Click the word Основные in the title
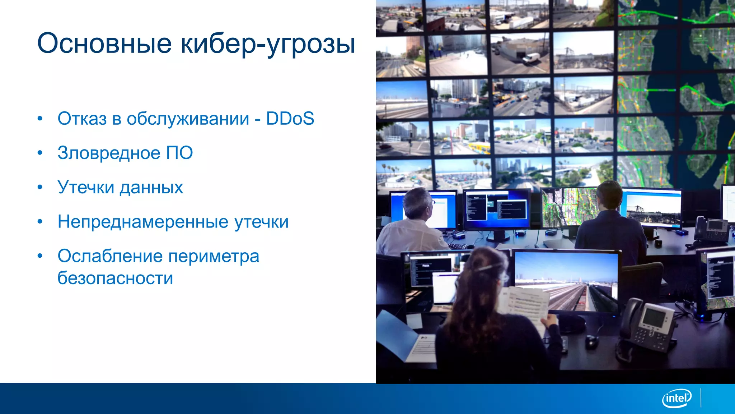click(x=104, y=43)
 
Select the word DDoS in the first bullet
click(x=290, y=119)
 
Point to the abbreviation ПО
click(x=179, y=153)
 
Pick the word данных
click(x=151, y=188)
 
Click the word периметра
click(x=214, y=257)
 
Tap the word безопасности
click(x=115, y=278)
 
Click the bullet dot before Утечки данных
click(x=40, y=187)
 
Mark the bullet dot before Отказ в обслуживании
click(x=40, y=118)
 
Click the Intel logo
click(x=677, y=398)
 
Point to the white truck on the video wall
click(x=530, y=59)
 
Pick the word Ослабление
click(x=110, y=257)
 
